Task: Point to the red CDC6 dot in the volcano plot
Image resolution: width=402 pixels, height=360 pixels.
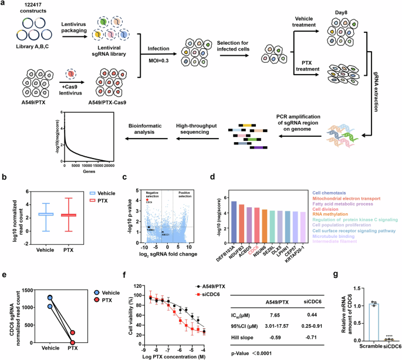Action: pos(148,200)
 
